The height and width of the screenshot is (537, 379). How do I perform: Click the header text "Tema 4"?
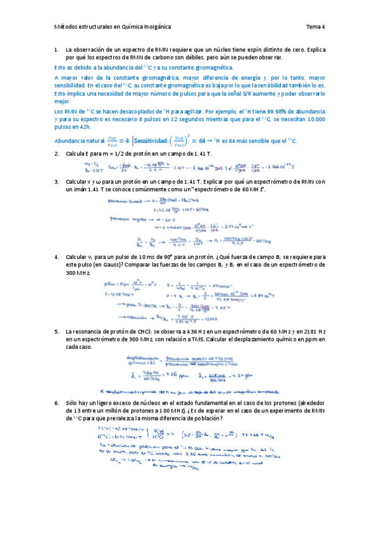(x=315, y=27)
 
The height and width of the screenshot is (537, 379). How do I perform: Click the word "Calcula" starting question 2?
(x=76, y=153)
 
